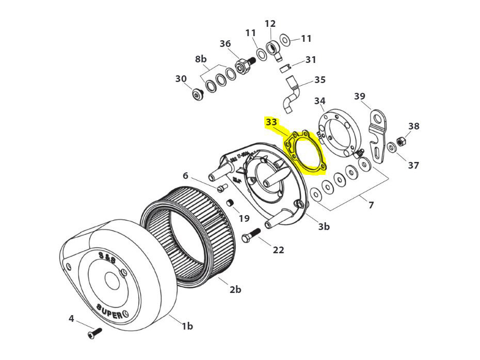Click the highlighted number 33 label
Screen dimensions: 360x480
coord(271,122)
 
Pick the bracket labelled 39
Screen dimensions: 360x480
coord(378,136)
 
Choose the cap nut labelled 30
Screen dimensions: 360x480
coord(197,95)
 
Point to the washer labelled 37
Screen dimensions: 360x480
coord(392,148)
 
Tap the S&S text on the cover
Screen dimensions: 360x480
coord(107,258)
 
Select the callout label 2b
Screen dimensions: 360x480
coord(235,289)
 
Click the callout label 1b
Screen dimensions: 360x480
coord(187,325)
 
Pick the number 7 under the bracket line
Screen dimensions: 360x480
coord(371,205)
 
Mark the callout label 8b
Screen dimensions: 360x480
coord(201,59)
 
